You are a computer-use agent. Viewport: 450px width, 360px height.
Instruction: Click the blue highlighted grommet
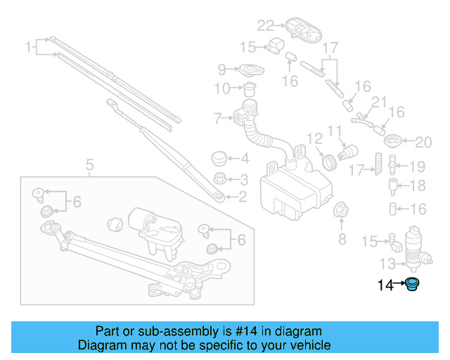413,285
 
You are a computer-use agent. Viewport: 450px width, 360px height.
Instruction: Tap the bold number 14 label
385,285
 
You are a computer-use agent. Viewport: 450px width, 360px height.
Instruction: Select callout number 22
264,26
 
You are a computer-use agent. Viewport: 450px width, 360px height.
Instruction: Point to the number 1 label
30,48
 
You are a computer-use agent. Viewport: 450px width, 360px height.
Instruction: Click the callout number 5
89,166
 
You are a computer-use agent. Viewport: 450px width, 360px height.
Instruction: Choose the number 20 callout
423,143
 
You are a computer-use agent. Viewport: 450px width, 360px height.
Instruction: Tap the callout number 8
342,239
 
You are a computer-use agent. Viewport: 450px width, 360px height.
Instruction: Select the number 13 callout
387,264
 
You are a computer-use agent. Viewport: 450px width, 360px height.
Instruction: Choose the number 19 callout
418,167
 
